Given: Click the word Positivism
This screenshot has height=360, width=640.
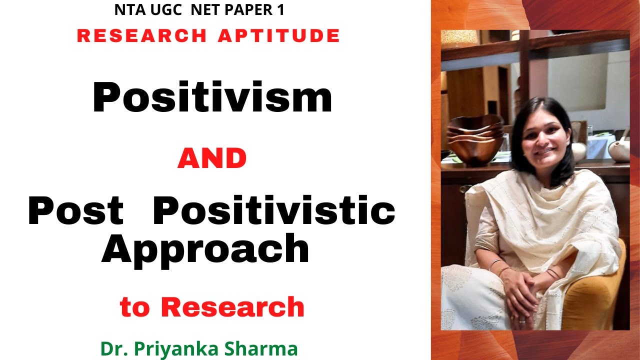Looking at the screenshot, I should [212, 97].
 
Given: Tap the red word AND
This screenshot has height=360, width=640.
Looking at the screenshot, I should [212, 159].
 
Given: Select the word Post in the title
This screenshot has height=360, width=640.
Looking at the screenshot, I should [75, 211].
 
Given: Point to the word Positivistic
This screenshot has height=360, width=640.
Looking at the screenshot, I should [274, 211].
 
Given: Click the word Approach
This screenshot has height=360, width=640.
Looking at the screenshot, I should [205, 250].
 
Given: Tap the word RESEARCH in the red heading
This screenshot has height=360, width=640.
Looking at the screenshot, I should [141, 35].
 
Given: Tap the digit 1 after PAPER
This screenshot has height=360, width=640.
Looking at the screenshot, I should [280, 10].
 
